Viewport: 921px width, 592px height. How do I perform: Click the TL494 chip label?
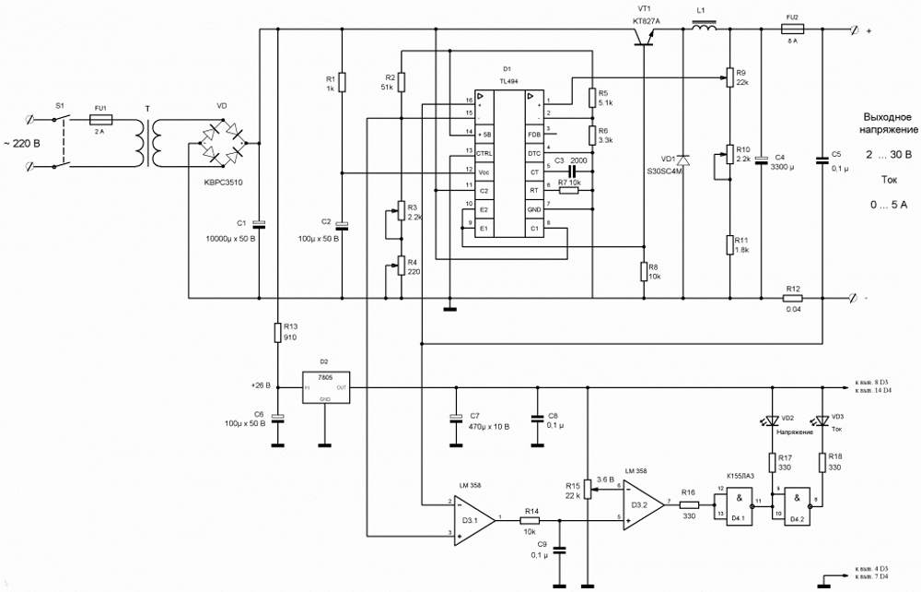click(x=508, y=80)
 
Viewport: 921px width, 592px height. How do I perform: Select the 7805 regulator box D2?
click(x=325, y=387)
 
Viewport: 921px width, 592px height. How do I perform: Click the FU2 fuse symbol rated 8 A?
click(x=792, y=30)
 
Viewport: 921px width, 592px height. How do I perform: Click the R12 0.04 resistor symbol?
click(x=793, y=299)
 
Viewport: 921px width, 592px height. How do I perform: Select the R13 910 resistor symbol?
click(x=276, y=333)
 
